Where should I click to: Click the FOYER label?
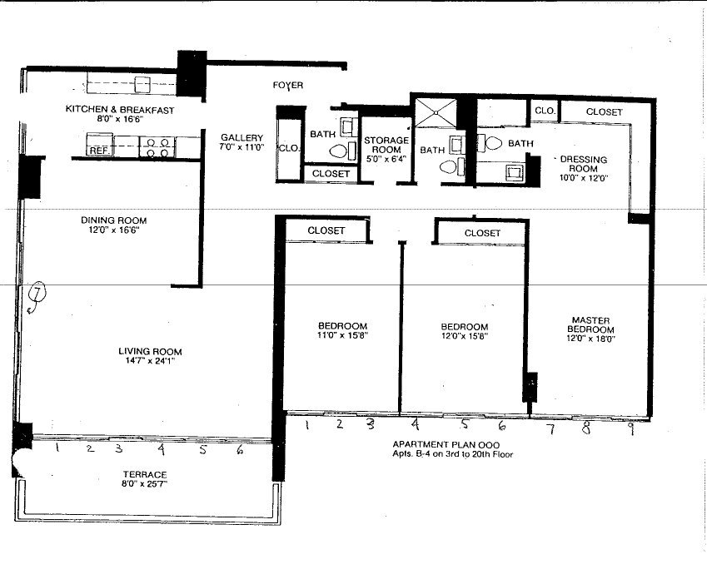pyautogui.click(x=287, y=85)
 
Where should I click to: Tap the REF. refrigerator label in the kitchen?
pyautogui.click(x=99, y=151)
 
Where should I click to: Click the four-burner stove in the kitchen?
pyautogui.click(x=157, y=147)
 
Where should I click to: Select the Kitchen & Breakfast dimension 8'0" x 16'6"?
pyautogui.click(x=120, y=120)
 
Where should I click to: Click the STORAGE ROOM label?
pyautogui.click(x=386, y=145)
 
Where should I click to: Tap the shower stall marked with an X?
pyautogui.click(x=436, y=113)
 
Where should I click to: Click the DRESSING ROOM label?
pyautogui.click(x=584, y=164)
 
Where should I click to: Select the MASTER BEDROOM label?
pyautogui.click(x=590, y=324)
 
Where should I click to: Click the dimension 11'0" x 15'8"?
pyautogui.click(x=343, y=335)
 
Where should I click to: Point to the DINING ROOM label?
pyautogui.click(x=113, y=220)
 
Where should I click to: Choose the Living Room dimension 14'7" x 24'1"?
pyautogui.click(x=150, y=361)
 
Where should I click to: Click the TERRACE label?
pyautogui.click(x=145, y=474)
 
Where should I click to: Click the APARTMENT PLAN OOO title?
pyautogui.click(x=446, y=445)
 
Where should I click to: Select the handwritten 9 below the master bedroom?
pyautogui.click(x=631, y=428)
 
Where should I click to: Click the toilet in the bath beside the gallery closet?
pyautogui.click(x=338, y=151)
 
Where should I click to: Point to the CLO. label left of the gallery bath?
pyautogui.click(x=289, y=148)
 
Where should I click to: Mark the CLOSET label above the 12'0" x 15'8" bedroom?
pyautogui.click(x=482, y=233)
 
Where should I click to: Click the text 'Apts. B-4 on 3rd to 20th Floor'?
pyautogui.click(x=453, y=454)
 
